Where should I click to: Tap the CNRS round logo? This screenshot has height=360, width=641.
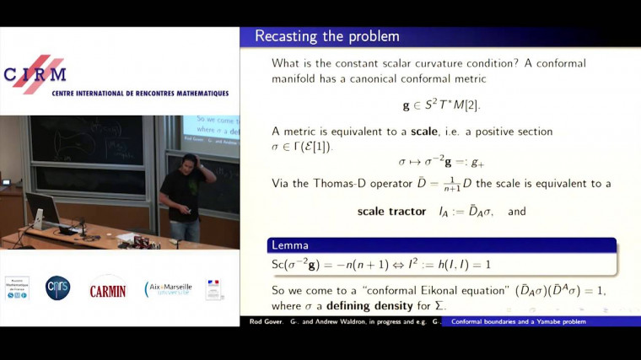57,288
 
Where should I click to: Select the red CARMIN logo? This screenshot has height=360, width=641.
108,290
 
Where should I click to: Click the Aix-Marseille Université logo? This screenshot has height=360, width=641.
168,289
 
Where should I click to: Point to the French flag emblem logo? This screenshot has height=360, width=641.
214,289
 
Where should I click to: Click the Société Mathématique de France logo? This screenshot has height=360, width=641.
17,288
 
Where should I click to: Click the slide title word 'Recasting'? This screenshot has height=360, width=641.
285,36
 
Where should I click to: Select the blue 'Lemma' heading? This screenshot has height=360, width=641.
291,245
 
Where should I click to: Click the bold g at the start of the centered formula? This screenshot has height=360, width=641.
407,105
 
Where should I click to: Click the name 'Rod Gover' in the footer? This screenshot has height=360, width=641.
263,321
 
